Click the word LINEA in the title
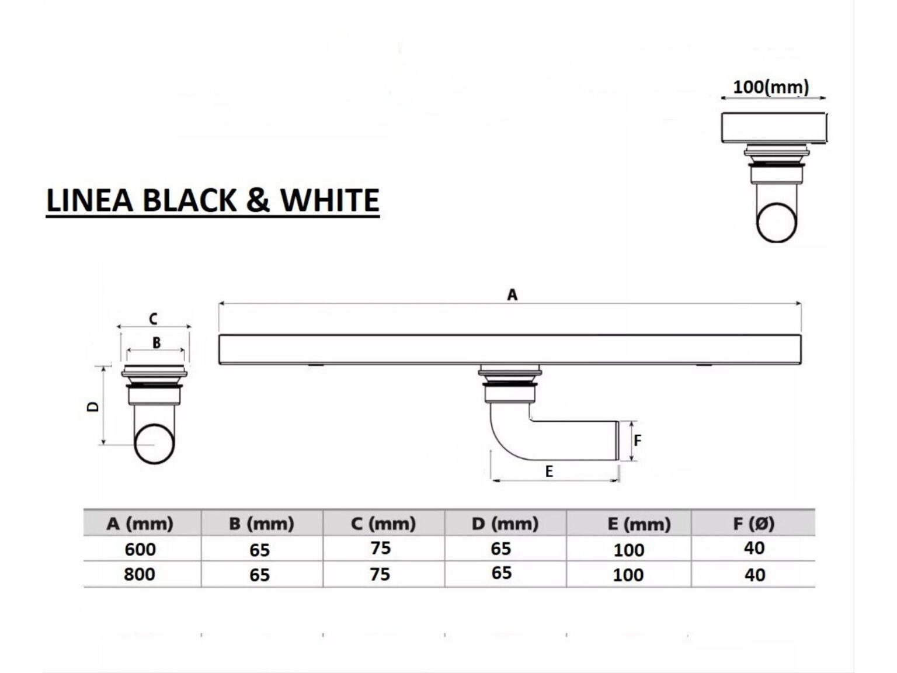tap(90, 200)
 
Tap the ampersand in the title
tap(258, 200)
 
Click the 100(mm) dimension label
tap(771, 87)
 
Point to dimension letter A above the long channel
tap(512, 294)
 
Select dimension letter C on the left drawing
tap(153, 318)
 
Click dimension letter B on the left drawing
tap(157, 342)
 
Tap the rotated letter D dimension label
tap(93, 407)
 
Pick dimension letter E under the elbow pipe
tap(549, 471)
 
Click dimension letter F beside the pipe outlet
tap(637, 440)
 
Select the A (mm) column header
tap(140, 523)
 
